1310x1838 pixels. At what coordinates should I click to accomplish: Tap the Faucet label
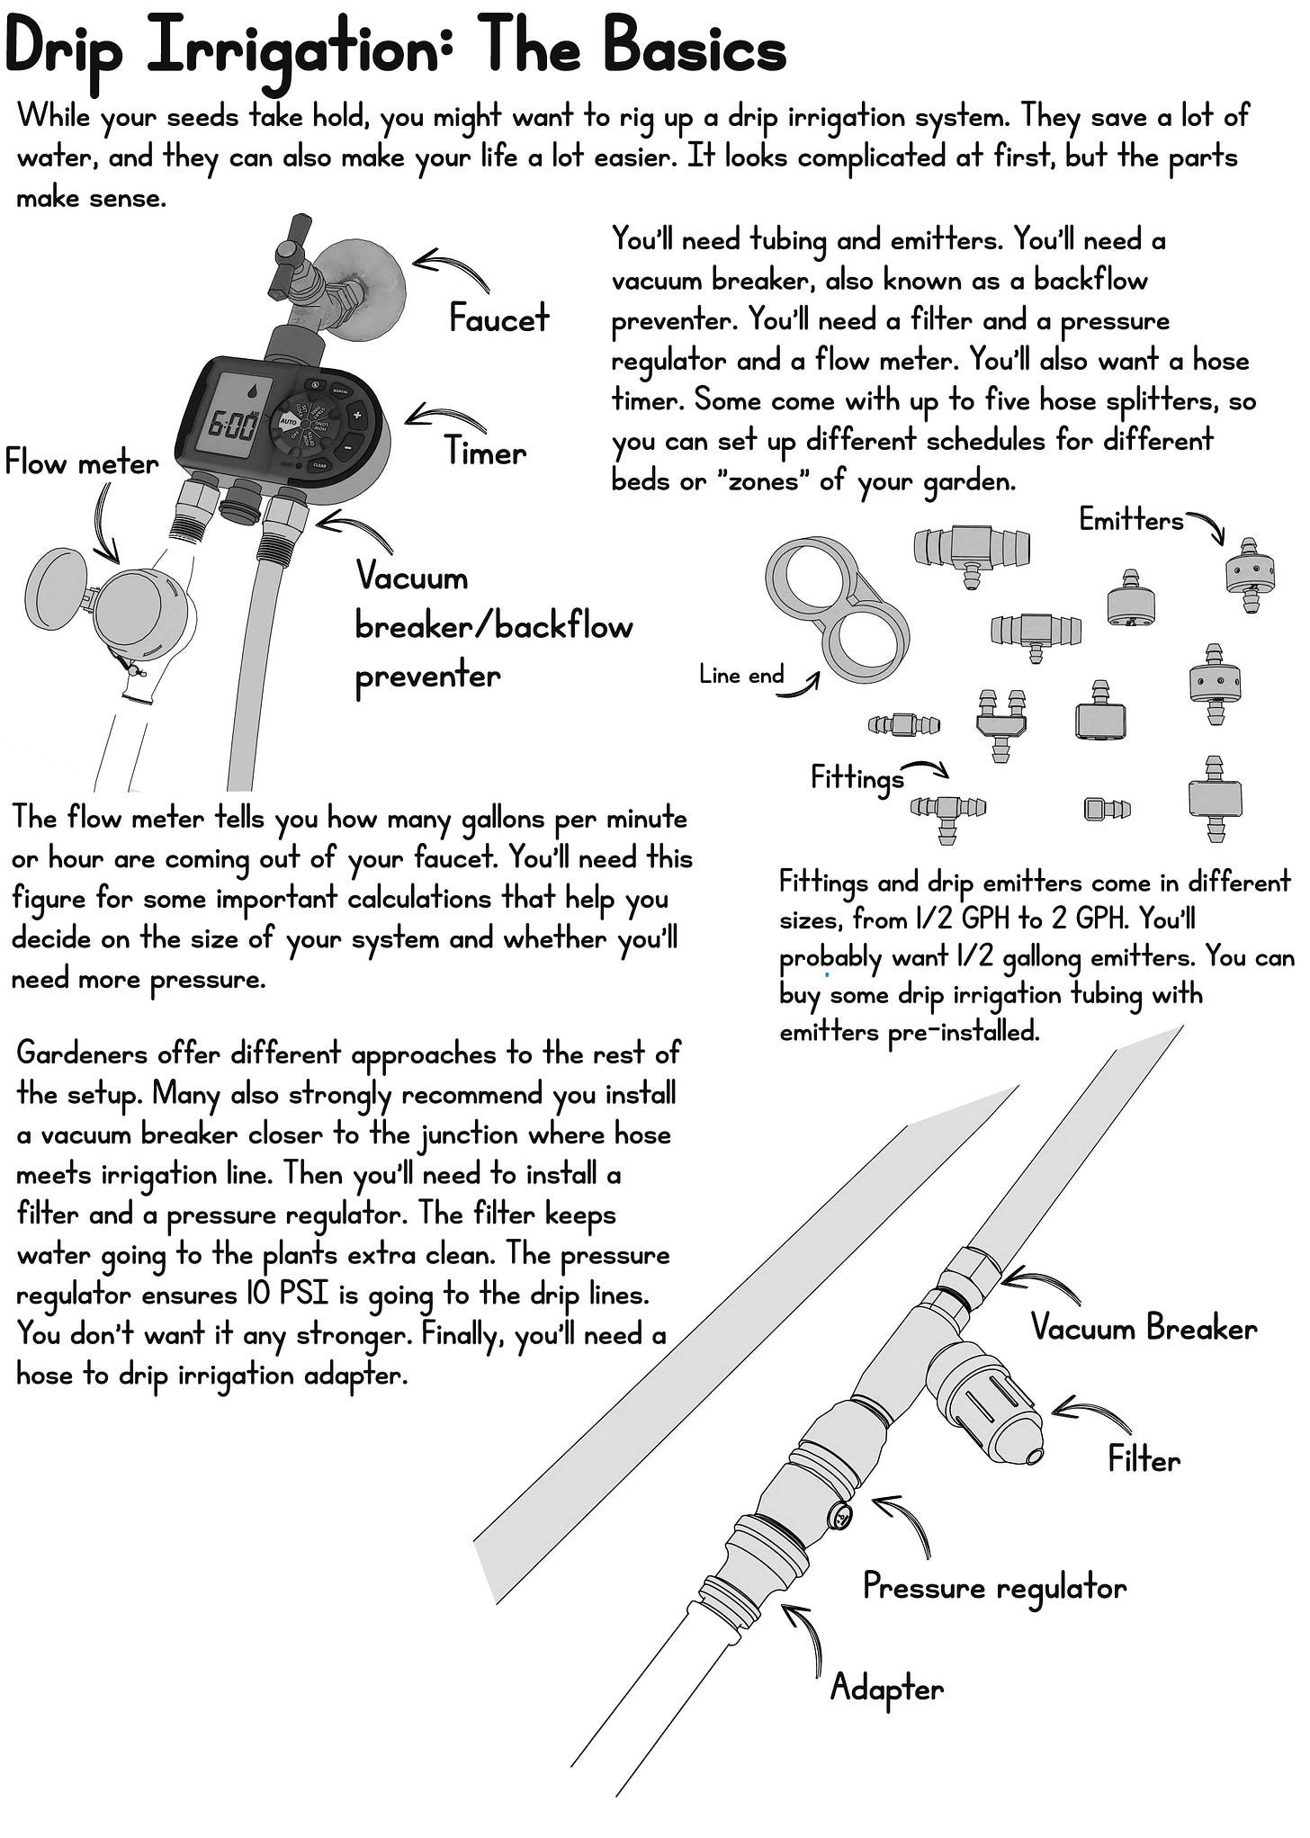click(498, 318)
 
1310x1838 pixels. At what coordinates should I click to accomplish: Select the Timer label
click(486, 452)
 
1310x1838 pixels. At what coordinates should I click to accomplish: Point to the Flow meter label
click(81, 463)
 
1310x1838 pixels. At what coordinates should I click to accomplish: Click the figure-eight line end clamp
click(836, 611)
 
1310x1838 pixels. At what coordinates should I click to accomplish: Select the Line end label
click(740, 675)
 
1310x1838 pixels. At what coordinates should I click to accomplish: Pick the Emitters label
click(1131, 520)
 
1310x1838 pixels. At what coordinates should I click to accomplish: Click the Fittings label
click(857, 777)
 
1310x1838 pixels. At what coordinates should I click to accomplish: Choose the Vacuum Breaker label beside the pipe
click(1144, 1328)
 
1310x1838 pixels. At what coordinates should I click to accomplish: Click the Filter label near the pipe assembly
click(1144, 1458)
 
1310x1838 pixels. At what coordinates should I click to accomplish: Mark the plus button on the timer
click(356, 416)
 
